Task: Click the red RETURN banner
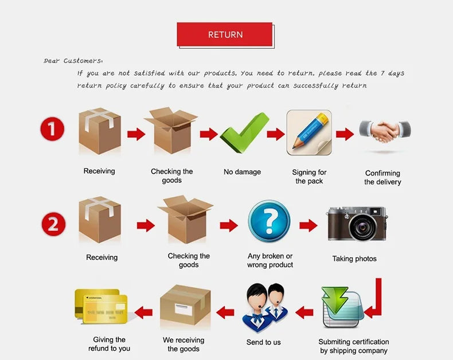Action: coord(224,34)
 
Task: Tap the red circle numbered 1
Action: coord(52,129)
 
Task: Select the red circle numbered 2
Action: coord(53,224)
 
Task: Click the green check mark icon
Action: coord(244,132)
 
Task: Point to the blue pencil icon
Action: coord(309,132)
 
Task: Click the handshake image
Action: coord(385,131)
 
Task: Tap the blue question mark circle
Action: coord(269,221)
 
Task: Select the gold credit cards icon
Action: coord(101,306)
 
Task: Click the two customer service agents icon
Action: coord(265,308)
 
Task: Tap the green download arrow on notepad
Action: coord(335,300)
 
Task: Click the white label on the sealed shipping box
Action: coord(183,310)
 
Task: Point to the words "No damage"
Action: coord(242,172)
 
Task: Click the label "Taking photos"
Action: coord(354,259)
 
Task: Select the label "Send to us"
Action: coord(263,342)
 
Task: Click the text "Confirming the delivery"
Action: coord(382,177)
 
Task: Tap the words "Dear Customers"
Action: coord(72,61)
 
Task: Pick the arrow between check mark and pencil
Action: coord(276,134)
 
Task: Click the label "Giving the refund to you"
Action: coord(109,344)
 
